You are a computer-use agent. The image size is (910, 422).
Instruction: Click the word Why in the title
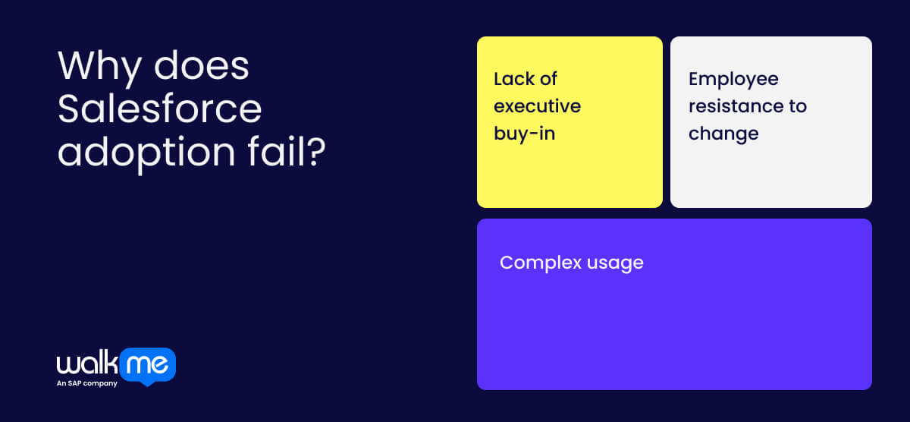coord(99,68)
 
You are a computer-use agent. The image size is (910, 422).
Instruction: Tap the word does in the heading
coord(202,68)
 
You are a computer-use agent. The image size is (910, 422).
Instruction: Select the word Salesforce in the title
coord(160,110)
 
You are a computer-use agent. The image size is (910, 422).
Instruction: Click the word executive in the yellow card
coord(537,106)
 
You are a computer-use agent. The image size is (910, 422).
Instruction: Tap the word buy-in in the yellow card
coord(524,134)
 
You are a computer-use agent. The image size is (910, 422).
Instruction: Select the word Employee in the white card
coord(733,79)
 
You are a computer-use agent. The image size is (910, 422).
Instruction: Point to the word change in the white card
coord(723,134)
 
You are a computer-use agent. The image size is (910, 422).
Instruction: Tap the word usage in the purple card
coord(616,263)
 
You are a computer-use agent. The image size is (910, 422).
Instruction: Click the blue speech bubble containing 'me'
coord(148,366)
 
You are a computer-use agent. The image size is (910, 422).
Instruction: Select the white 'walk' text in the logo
coord(86,365)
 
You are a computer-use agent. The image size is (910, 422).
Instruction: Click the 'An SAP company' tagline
coord(86,383)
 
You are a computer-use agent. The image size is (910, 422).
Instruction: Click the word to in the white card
coord(797,106)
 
